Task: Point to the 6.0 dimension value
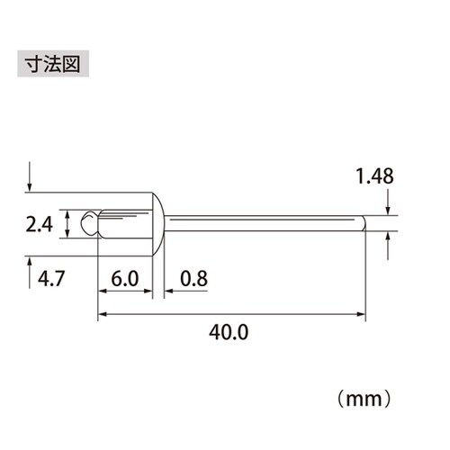click(x=124, y=278)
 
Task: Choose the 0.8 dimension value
click(x=193, y=278)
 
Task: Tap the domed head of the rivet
click(x=157, y=222)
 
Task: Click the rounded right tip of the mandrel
click(x=363, y=222)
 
